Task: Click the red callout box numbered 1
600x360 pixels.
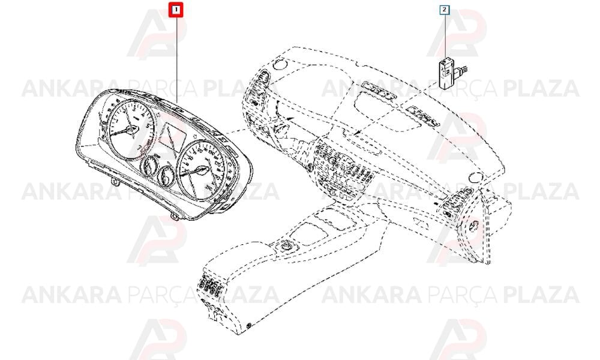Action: [176, 9]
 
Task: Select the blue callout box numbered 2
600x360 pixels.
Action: [444, 10]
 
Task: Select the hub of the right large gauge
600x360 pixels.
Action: [200, 169]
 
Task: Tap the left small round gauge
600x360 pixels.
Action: [148, 165]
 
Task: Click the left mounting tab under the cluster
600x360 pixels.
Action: [115, 179]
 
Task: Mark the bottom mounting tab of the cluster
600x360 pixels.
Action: [175, 218]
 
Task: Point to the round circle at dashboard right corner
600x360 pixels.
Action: [475, 177]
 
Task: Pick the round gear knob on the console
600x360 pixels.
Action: [286, 246]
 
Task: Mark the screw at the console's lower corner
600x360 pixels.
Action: [250, 326]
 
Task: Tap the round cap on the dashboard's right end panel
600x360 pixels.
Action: [475, 226]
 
